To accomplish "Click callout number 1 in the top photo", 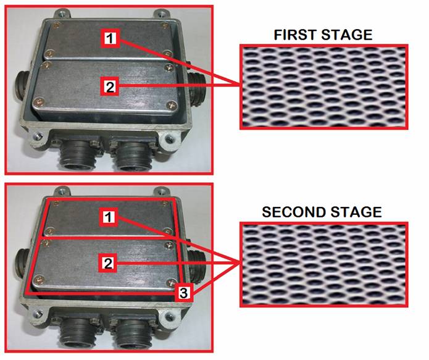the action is click(110, 38).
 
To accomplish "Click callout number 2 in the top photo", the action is click(109, 87).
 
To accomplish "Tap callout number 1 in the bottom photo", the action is click(109, 217).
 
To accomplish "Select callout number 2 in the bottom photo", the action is click(108, 263).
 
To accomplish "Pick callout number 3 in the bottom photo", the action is click(183, 292).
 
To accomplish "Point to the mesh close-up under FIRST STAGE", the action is click(324, 87).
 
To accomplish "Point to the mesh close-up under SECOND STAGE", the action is click(324, 264).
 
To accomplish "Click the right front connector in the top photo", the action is click(133, 154).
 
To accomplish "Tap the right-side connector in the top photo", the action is click(198, 88).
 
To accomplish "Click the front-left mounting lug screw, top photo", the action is click(38, 136).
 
